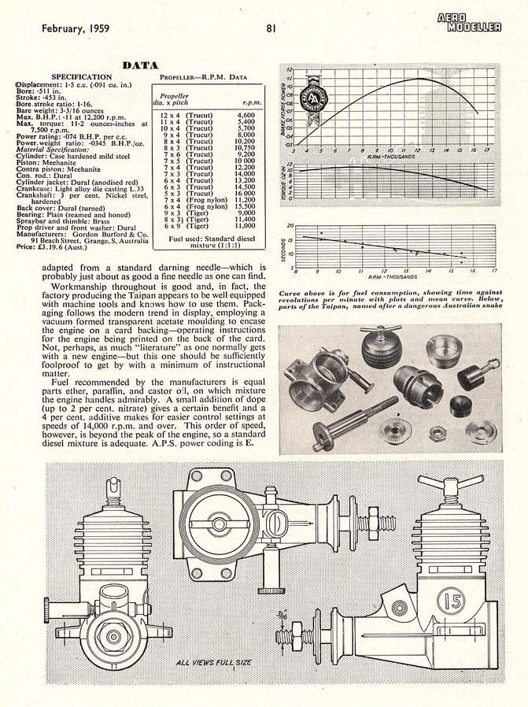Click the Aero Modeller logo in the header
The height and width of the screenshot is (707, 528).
tap(471, 23)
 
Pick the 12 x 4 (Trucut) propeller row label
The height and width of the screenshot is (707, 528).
tap(183, 115)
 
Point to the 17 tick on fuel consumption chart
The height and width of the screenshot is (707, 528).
tap(495, 268)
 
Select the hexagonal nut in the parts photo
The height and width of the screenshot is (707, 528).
tap(436, 432)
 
